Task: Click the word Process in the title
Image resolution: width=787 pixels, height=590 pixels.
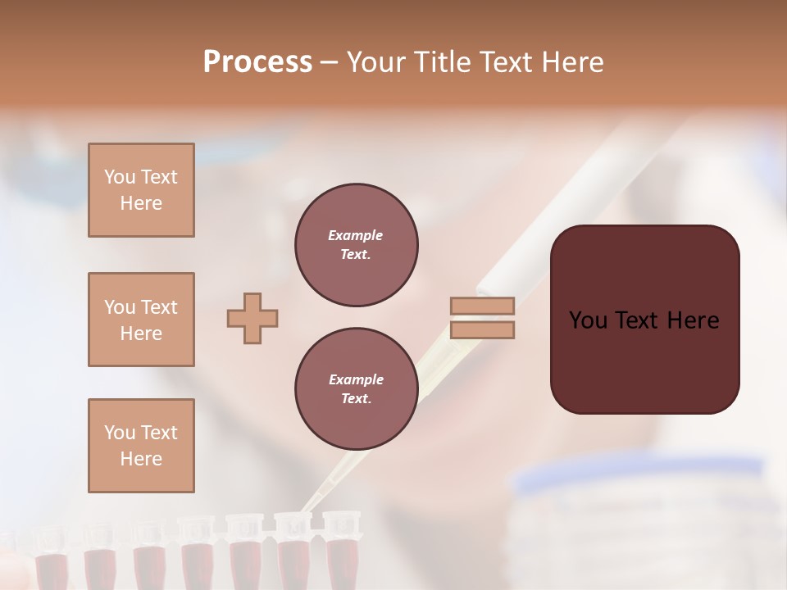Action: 257,62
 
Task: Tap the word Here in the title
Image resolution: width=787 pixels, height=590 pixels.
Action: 570,62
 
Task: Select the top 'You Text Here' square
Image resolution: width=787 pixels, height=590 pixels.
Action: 141,190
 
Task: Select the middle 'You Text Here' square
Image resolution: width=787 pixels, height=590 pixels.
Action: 141,320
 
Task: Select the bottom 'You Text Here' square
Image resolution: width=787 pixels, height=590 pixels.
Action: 141,446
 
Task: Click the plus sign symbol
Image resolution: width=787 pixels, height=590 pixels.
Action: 252,319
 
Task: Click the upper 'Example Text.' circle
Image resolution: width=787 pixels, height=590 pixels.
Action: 357,245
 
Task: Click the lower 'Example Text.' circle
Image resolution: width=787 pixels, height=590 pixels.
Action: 357,389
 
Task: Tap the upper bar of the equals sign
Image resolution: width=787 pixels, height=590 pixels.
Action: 482,306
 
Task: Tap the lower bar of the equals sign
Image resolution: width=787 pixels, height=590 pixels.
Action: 482,330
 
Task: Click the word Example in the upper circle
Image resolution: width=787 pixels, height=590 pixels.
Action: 355,235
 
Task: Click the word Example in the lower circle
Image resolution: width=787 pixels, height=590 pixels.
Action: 356,379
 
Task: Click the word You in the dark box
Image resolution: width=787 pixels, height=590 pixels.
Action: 588,320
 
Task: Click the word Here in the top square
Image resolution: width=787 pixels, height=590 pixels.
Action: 141,203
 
